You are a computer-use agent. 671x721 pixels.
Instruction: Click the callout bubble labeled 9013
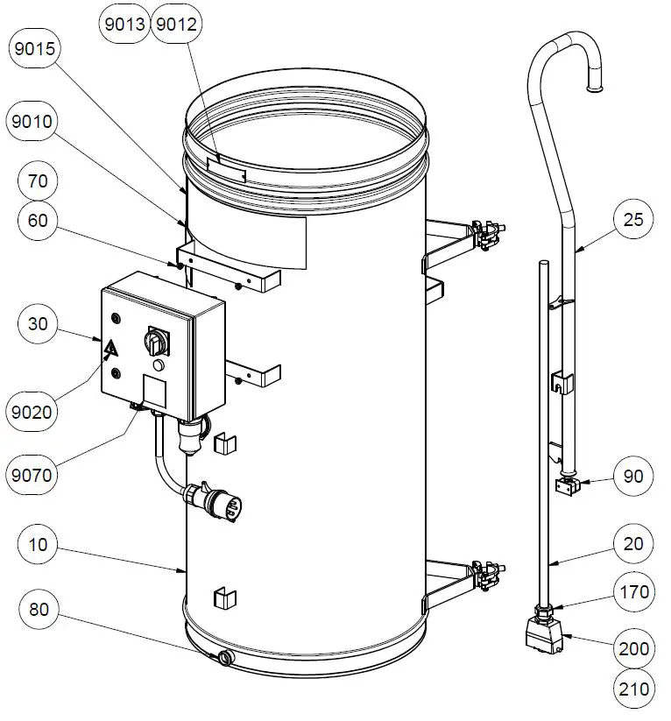125,26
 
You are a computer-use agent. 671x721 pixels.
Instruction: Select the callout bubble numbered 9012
175,26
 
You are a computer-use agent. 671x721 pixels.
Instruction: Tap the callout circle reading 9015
34,51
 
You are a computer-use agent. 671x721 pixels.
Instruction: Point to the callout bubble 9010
34,123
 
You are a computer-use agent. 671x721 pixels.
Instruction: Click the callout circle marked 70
39,182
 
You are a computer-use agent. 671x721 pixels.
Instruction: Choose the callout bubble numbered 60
39,221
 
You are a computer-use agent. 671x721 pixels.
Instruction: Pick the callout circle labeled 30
39,324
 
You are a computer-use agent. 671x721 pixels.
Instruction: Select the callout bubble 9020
34,410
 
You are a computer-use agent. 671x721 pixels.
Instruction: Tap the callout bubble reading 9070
34,476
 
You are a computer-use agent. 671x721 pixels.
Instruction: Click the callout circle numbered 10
39,545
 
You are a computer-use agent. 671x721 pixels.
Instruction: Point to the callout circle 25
634,220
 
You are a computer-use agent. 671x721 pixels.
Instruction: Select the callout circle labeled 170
634,592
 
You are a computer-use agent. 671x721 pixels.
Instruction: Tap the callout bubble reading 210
634,689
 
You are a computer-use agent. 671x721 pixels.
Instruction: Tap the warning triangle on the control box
111,349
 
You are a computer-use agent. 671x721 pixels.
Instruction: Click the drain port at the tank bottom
226,657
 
